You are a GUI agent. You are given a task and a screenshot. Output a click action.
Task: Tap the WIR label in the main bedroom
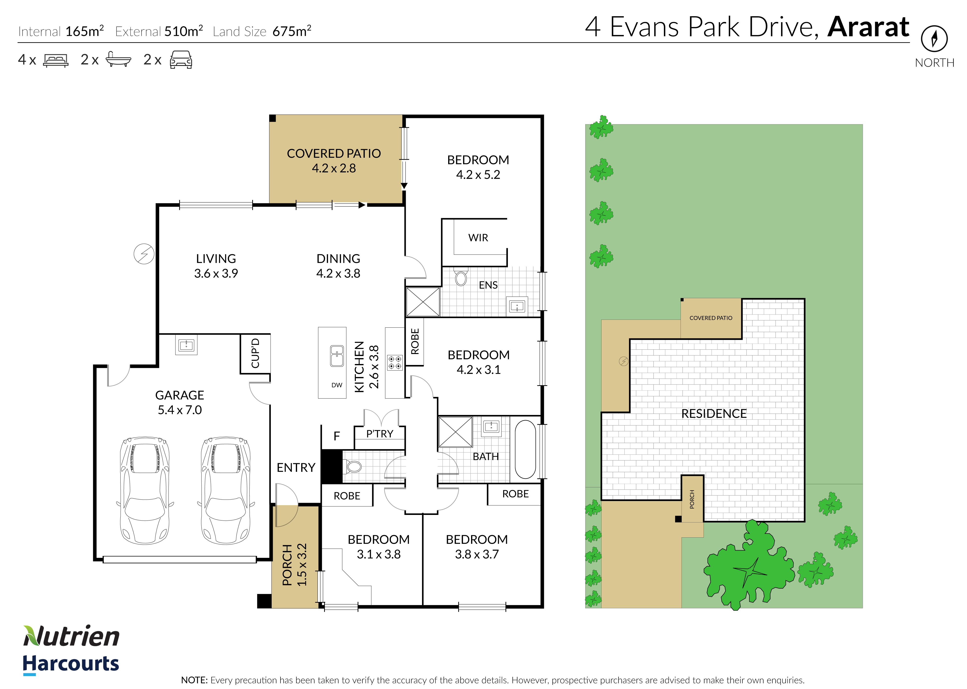[478, 237]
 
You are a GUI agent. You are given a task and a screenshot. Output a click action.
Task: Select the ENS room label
[488, 285]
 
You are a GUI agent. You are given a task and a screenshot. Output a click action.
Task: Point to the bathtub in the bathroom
[525, 450]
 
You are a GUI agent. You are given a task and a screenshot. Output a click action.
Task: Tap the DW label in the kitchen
[337, 385]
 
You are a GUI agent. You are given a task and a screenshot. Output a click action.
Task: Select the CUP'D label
[255, 354]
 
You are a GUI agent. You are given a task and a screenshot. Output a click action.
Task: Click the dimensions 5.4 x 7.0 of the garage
[180, 410]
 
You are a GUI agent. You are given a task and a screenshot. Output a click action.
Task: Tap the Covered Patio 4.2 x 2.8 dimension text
[334, 168]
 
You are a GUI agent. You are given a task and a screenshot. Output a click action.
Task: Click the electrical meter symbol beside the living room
[144, 254]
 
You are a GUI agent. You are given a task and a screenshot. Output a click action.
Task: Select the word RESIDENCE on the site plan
[714, 414]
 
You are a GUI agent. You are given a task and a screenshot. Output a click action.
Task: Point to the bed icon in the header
[56, 60]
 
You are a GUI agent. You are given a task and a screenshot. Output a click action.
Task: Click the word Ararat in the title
[868, 27]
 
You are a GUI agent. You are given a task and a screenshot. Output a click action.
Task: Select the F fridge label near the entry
[337, 436]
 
